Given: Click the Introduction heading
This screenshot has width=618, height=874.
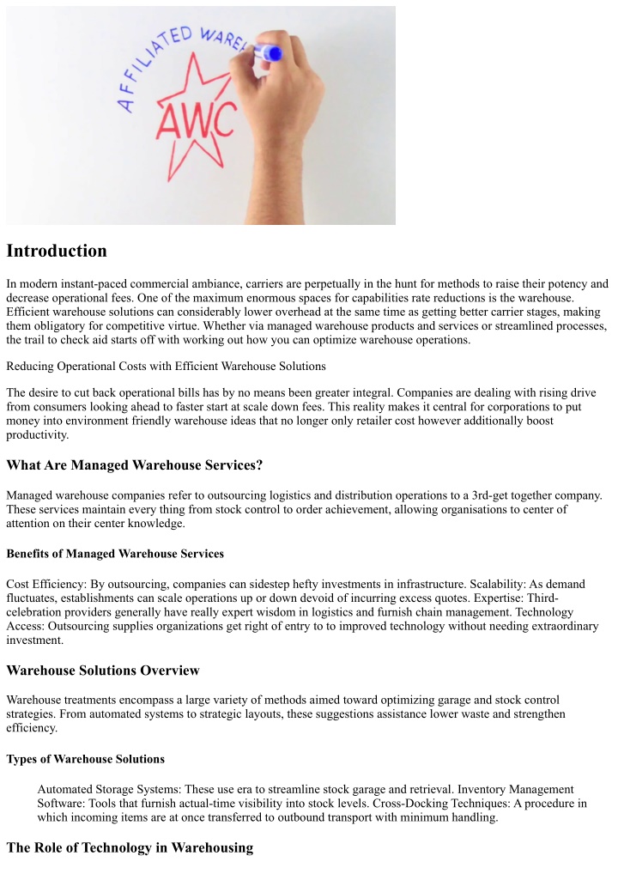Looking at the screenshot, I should coord(57,251).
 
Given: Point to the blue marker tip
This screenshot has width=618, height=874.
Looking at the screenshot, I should coord(273,53).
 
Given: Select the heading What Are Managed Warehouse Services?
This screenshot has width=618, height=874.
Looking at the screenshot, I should coord(134,465).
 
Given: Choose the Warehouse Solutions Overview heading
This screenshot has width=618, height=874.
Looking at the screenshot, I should coord(103,670).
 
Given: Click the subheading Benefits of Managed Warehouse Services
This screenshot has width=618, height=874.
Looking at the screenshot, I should coord(115,553).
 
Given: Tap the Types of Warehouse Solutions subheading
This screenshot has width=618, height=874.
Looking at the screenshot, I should coord(86,759).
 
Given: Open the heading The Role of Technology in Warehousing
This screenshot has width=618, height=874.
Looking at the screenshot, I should coord(130,847).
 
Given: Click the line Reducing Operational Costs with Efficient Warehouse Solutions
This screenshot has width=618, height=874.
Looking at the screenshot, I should coord(166,367).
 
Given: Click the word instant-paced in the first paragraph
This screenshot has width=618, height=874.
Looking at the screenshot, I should coord(94,283).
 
